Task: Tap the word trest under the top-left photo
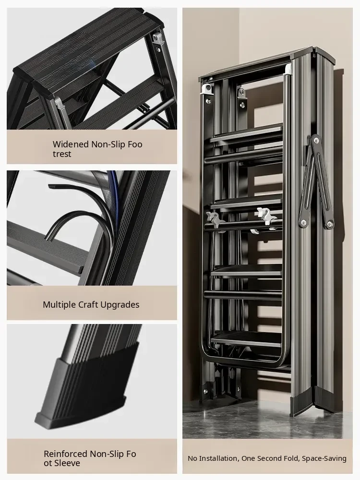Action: coord(62,154)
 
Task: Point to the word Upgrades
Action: coord(120,305)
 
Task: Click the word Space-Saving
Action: coord(324,458)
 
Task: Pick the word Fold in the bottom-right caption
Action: coord(293,458)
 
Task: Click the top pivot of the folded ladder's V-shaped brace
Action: coord(315,140)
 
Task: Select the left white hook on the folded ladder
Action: coord(216,218)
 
